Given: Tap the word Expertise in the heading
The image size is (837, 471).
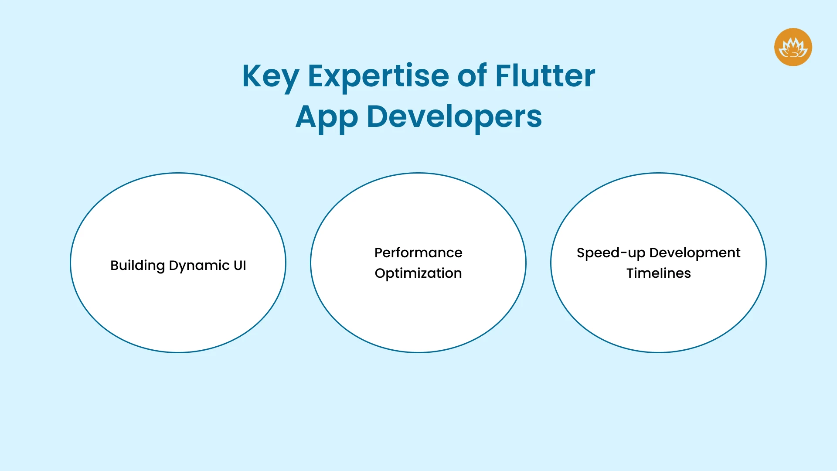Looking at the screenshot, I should pos(378,77).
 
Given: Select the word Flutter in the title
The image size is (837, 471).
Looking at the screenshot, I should pos(545,76).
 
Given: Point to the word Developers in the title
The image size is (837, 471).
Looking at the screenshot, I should pos(454,117).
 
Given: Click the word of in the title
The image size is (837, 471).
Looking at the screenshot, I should pos(472,76).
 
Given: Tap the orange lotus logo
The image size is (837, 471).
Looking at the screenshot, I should pos(793,47).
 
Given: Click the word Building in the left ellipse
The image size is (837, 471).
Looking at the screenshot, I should pos(137,266).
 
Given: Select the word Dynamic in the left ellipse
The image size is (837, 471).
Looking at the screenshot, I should pos(199,266).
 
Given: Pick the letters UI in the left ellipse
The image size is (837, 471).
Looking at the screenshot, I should pos(240,265).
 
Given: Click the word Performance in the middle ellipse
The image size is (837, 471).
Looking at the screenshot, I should pos(418,253).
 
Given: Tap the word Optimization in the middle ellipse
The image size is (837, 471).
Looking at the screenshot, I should pos(418,273).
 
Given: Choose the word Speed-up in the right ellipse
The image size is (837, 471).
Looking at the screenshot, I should pos(610,253).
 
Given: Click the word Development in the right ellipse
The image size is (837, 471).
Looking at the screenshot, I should pos(694,253).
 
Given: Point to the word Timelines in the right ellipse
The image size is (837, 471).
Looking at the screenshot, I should pos(658,273).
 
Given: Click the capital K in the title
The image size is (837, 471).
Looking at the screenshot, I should pos(252,76).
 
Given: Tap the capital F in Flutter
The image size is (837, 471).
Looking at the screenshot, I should pos(505,76).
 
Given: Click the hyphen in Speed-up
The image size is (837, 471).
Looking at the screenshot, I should pos(624,253).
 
